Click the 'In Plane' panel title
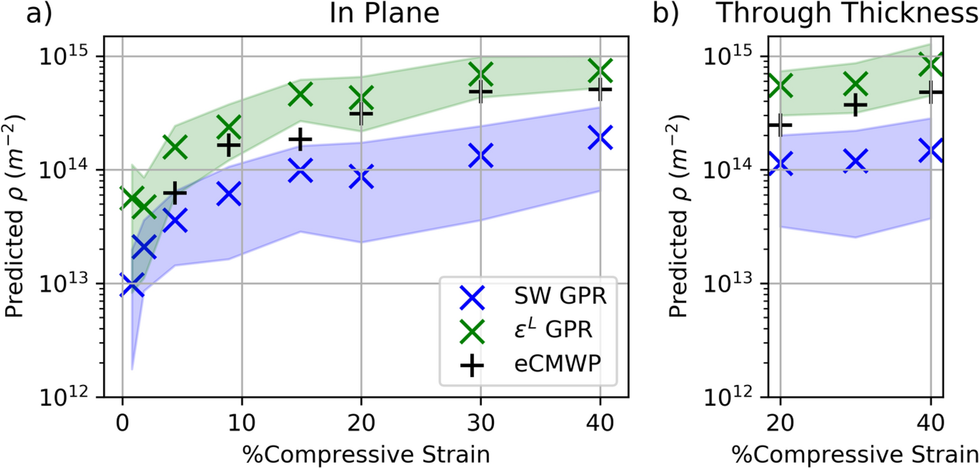point(384,13)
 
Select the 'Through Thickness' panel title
point(847,13)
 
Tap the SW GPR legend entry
point(560,297)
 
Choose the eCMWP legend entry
point(557,364)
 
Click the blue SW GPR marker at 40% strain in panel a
point(600,137)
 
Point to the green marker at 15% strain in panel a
point(300,94)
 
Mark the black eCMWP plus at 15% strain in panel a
point(300,139)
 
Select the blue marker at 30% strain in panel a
point(481,155)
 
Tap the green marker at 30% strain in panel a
point(481,74)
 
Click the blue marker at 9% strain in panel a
point(228,193)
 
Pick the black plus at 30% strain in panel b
point(855,105)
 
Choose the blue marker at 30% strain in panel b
point(855,161)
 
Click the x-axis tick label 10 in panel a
point(241,423)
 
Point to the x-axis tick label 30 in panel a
point(481,423)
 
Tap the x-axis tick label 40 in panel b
point(930,423)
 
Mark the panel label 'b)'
point(666,13)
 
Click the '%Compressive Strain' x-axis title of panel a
point(366,455)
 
